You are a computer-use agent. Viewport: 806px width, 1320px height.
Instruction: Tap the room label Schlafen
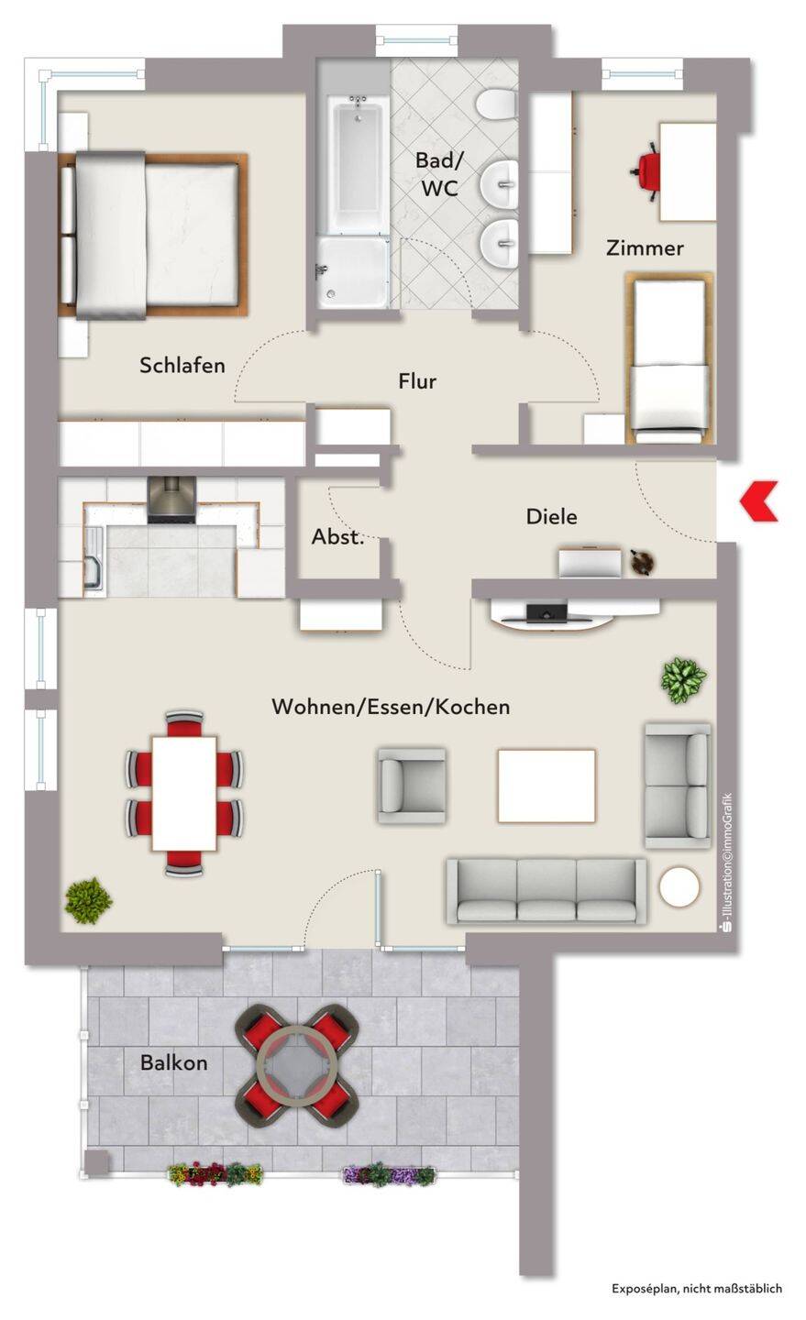182,366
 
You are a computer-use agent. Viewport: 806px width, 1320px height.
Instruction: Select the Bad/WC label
440,174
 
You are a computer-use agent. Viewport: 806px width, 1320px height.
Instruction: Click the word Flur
417,381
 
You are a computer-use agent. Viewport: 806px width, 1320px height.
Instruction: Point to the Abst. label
337,537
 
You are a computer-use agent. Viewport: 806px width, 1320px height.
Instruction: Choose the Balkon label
174,1062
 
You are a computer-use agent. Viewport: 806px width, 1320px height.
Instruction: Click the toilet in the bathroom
496,104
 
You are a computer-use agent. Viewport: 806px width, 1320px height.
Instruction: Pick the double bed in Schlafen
153,236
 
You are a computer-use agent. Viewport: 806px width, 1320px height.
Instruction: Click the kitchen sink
94,557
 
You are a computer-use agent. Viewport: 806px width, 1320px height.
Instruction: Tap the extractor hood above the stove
171,500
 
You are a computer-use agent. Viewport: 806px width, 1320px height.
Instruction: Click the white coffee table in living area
547,786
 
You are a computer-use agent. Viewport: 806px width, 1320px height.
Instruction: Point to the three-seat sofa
547,891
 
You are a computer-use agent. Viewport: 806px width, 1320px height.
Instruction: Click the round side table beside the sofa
679,886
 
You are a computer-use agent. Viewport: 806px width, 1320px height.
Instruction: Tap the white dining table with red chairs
184,793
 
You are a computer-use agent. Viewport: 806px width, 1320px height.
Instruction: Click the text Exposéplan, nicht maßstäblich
696,1289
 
